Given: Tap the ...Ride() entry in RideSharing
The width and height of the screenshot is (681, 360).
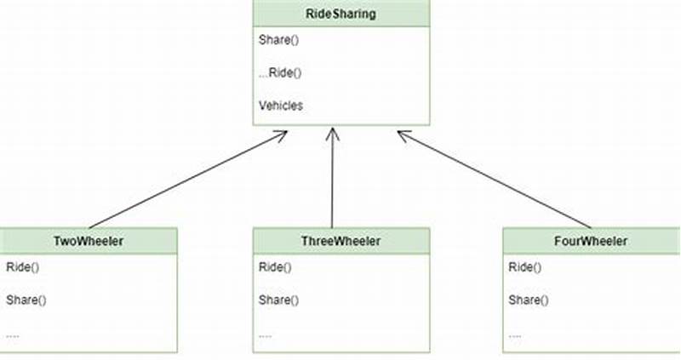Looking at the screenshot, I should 280,72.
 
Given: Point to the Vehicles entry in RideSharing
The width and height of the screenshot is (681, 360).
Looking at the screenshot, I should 280,106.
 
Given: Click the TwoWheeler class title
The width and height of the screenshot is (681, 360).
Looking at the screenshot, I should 89,241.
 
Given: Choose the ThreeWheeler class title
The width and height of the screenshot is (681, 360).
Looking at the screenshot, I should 341,241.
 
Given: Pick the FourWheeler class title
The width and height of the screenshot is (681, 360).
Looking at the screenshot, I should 590,241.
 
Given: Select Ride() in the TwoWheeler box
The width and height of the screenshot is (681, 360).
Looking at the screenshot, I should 20,267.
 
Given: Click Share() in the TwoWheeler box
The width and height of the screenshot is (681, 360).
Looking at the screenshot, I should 26,300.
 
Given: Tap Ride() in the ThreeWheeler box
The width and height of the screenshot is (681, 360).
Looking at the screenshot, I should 274,267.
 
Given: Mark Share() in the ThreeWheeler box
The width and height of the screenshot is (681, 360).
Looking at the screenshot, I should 279,300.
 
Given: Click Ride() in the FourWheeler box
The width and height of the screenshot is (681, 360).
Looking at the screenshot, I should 524,267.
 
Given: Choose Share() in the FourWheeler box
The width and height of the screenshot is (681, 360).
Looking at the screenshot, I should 529,300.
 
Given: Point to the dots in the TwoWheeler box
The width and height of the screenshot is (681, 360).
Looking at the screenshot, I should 13,334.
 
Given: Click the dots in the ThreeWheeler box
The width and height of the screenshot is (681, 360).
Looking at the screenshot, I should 266,334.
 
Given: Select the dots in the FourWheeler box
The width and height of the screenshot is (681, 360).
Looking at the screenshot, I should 516,334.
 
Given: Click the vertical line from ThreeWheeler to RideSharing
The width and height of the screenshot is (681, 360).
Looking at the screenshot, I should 332,183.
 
